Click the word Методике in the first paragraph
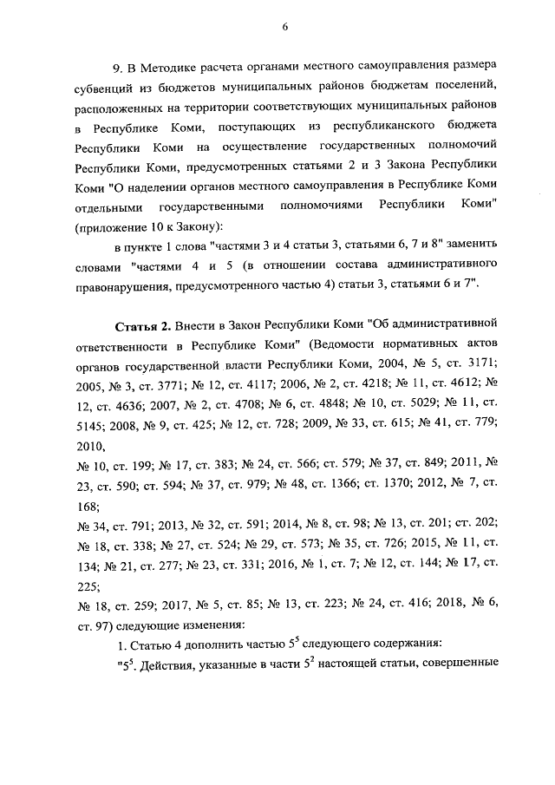[x=172, y=69]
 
